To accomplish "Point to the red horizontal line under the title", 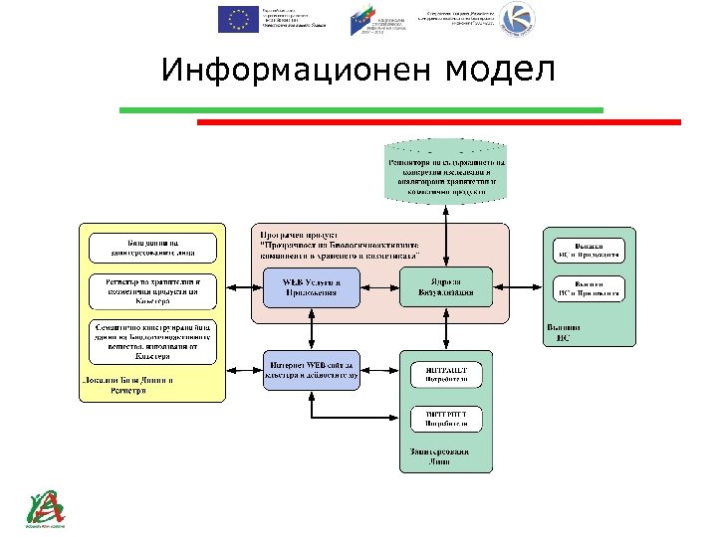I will click(438, 122).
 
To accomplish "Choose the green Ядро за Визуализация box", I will click(445, 286).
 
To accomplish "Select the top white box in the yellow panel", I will click(152, 248).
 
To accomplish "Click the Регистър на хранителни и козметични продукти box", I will click(152, 290).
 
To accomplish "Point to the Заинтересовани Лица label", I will click(445, 457).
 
